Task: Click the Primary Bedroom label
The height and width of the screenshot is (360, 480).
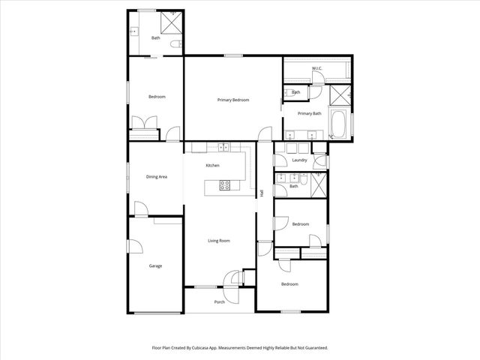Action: point(233,100)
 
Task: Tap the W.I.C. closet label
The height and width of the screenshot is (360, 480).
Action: point(317,69)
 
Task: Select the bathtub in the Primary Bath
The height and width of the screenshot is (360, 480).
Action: point(338,124)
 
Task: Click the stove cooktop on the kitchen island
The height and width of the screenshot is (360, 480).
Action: point(224,185)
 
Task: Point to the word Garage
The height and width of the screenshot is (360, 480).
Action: point(155,265)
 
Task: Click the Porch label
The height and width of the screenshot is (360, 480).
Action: point(220,301)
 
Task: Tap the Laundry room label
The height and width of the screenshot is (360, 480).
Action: point(300,160)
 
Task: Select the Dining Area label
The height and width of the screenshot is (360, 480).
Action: point(156,176)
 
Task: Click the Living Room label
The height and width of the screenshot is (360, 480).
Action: point(219,241)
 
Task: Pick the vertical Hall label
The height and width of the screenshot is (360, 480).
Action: point(262,194)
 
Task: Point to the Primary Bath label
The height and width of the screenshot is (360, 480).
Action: point(309,113)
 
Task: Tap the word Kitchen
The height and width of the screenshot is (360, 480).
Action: point(212,165)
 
